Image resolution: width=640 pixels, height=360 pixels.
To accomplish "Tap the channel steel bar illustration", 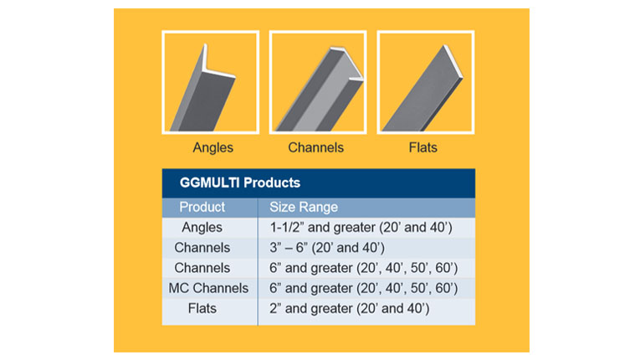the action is tap(320, 89).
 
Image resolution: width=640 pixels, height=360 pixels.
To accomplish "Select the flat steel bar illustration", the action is tap(422, 88).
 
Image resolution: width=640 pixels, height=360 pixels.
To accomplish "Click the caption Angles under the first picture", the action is tap(213, 147).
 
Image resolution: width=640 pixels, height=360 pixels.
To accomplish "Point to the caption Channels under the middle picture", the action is tap(316, 147).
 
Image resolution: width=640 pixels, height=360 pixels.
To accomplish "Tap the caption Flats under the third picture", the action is tap(422, 147).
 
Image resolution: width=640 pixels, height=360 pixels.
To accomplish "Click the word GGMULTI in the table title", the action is tap(209, 183).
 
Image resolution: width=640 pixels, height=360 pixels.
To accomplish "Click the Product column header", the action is tap(202, 207).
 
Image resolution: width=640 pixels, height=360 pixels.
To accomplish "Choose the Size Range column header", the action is tap(304, 207).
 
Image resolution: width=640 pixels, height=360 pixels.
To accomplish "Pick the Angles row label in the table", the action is tap(202, 227).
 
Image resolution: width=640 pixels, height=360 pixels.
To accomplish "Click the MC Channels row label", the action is tap(208, 288).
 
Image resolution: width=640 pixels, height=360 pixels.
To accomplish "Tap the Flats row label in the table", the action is tap(202, 308).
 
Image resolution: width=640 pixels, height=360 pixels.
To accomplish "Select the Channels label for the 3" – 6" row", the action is tap(202, 248).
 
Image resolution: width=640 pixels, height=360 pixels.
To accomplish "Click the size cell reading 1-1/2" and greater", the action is tap(361, 227).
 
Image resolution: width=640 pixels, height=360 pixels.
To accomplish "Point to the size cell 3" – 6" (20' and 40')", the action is tap(327, 248).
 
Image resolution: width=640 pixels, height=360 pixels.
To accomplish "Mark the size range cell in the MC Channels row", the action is tap(364, 288).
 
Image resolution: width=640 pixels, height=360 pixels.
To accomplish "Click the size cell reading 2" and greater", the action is tap(350, 309).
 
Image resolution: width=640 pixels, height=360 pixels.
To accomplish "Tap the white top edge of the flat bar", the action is tap(453, 60).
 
